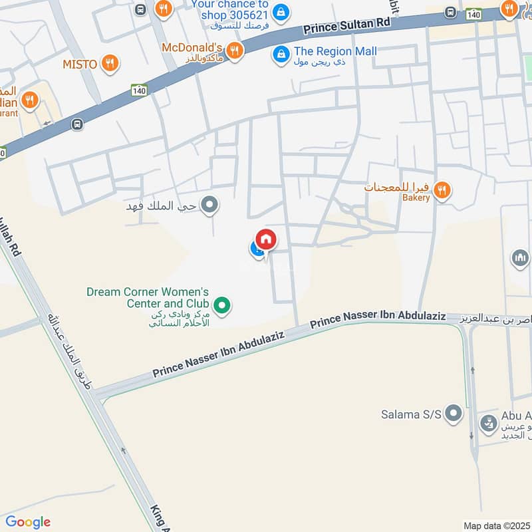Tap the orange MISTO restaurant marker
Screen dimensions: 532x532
pos(110,64)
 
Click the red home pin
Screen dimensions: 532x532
pos(266,239)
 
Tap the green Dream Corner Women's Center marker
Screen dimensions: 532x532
pos(225,306)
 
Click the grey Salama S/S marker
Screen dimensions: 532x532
pos(454,414)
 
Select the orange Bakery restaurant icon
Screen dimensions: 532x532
pos(443,192)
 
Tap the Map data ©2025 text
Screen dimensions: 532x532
pos(497,525)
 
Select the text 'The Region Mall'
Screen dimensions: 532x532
pos(335,51)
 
